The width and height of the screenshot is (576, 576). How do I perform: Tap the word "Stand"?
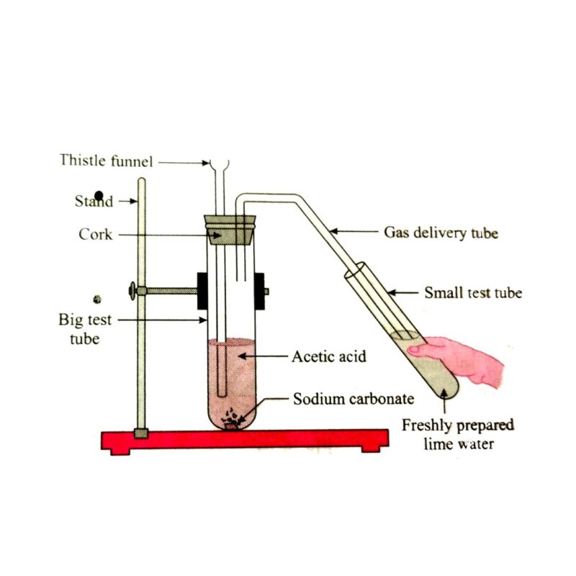pos(94,201)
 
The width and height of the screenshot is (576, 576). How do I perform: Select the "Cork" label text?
pos(96,235)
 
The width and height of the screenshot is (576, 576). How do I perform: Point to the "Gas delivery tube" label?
pos(441,233)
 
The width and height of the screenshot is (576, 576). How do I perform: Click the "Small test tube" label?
pos(473,292)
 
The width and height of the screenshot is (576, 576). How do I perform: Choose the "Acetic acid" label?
pos(330,356)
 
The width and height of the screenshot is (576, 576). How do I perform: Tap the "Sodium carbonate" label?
pos(353,399)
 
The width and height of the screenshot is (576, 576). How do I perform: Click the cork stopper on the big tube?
pos(231,229)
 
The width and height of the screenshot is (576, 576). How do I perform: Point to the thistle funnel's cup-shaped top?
pos(218,165)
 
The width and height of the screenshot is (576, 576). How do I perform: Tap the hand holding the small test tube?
pos(460,360)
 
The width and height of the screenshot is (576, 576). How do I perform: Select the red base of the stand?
pos(245,439)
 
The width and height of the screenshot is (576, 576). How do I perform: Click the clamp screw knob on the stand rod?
pos(132,291)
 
